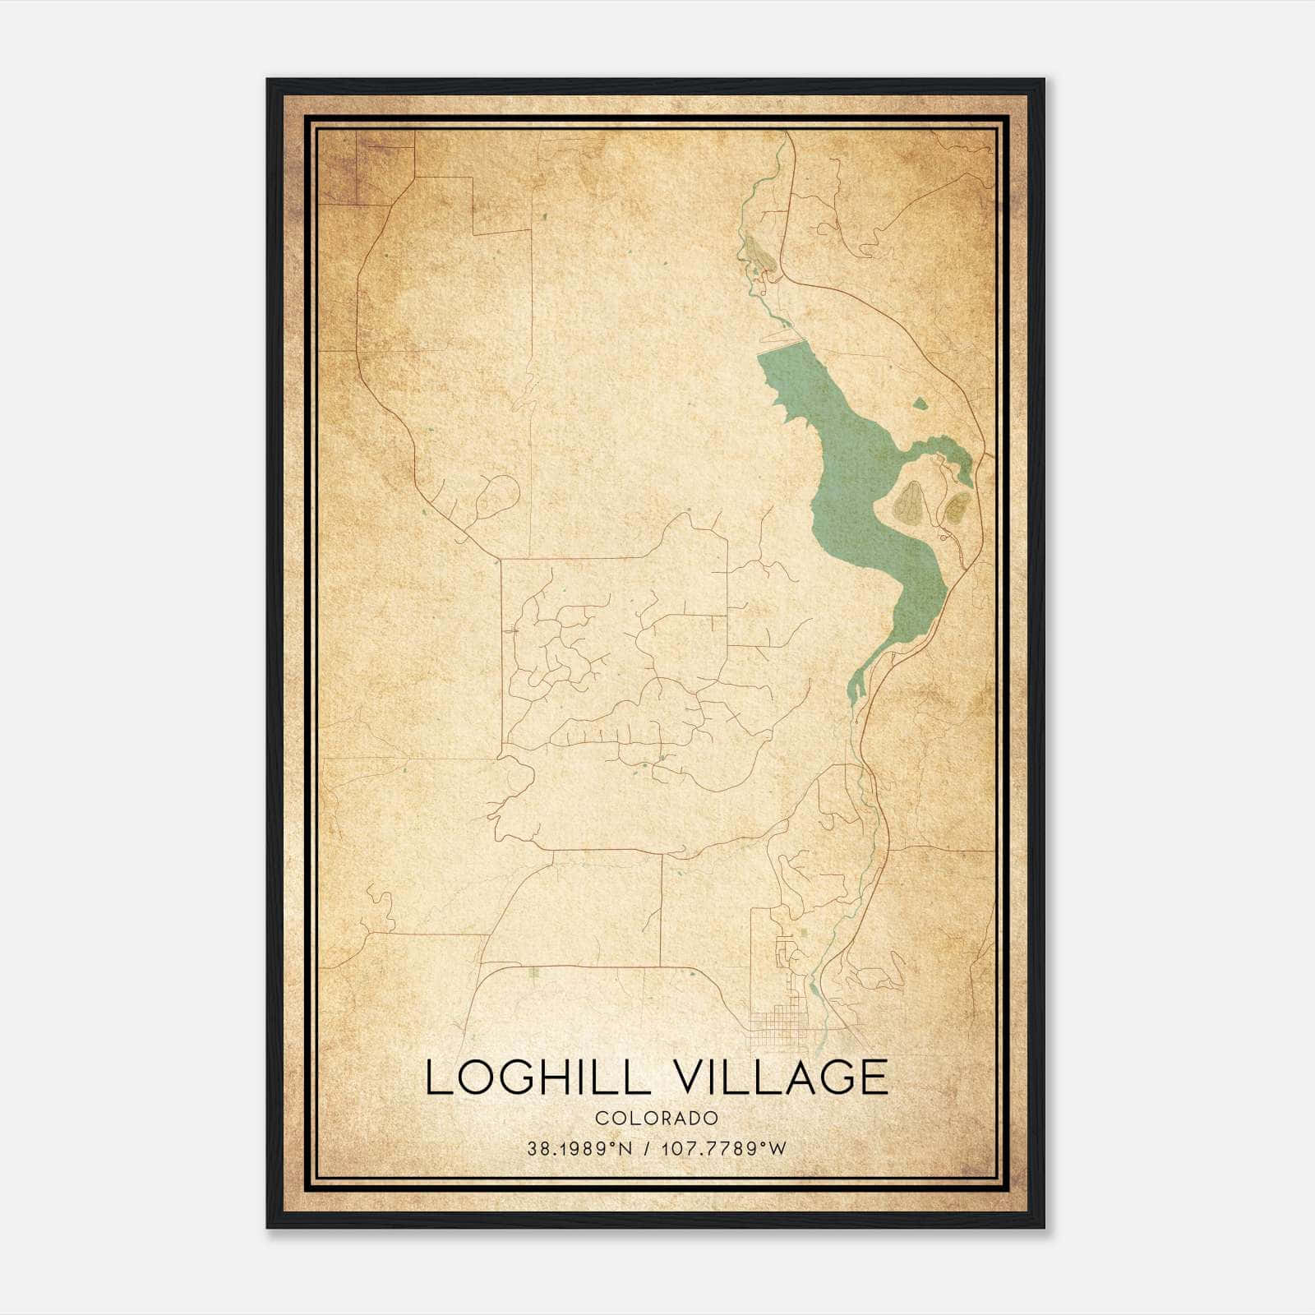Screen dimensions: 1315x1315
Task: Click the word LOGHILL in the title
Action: point(534,1077)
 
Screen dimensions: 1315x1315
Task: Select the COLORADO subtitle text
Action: point(657,1119)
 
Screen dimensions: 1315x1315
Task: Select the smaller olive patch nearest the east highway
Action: point(955,508)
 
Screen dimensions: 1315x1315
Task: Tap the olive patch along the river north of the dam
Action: point(759,254)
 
